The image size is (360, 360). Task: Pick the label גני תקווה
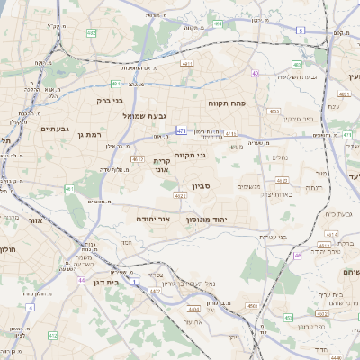[x=190, y=155]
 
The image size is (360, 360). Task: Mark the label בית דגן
[x=106, y=282]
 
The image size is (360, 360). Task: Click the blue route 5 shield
[x=300, y=30]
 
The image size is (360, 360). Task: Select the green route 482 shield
[x=91, y=33]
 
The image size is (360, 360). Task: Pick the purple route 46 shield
[x=297, y=256]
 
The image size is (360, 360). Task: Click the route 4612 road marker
[x=138, y=159]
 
